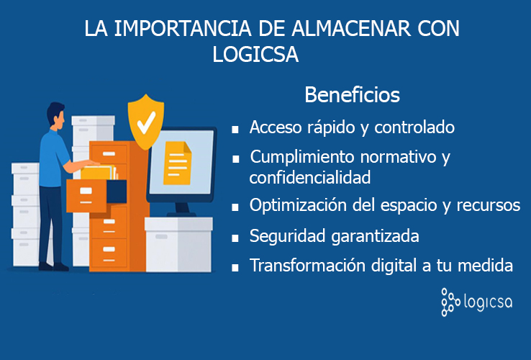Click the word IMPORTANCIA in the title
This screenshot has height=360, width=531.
[x=183, y=29]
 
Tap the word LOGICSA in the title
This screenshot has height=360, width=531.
[x=255, y=54]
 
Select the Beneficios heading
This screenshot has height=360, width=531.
[x=352, y=94]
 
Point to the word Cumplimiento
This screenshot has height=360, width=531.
[x=302, y=158]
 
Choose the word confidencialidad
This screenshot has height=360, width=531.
[x=310, y=177]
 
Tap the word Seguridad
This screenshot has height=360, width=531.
[x=288, y=236]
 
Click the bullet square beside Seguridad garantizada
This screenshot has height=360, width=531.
[x=235, y=238]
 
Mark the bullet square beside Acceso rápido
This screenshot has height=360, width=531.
[x=235, y=130]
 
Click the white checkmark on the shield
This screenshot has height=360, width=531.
[x=146, y=122]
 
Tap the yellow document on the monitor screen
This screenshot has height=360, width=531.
[x=177, y=163]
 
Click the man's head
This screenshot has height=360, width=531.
[x=56, y=115]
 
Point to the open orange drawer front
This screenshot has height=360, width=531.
[x=86, y=196]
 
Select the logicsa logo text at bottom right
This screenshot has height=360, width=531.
[x=488, y=302]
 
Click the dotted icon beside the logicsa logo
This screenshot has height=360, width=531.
[x=450, y=302]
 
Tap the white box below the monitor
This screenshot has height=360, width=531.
[x=178, y=244]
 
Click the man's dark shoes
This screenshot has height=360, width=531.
[x=53, y=267]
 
